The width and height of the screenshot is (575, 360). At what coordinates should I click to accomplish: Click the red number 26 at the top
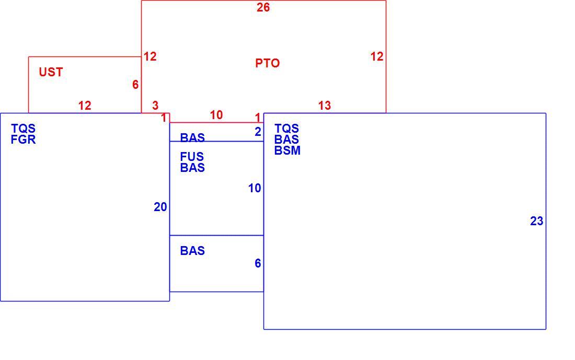(263, 7)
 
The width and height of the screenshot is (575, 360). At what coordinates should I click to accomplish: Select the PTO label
(267, 63)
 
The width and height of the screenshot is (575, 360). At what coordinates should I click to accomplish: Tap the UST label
(51, 72)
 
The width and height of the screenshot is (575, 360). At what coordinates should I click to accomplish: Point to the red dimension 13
(325, 106)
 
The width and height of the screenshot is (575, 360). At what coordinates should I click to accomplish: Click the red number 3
(155, 106)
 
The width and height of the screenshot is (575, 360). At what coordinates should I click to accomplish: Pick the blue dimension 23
(536, 221)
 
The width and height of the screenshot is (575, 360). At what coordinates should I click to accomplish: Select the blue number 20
(160, 207)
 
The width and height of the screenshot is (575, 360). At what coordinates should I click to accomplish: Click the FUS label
(192, 157)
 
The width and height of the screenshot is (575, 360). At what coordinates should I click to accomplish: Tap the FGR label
(23, 140)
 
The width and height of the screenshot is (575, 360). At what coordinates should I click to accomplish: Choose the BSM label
(287, 150)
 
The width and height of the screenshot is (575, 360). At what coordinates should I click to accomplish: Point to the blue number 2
(258, 132)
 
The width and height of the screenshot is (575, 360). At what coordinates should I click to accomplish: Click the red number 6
(136, 85)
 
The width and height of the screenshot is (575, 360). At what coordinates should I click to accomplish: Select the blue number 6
(258, 263)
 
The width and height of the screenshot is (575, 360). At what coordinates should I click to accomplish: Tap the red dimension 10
(216, 115)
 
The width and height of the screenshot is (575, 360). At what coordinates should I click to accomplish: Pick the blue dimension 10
(255, 189)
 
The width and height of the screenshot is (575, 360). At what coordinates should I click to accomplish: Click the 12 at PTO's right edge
(377, 56)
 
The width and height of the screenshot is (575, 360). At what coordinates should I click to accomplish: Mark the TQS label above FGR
(23, 129)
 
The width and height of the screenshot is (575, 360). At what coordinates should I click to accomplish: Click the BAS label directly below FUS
(192, 168)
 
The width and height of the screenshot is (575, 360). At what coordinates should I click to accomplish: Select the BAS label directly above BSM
(286, 140)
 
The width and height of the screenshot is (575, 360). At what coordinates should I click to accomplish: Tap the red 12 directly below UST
(85, 106)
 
